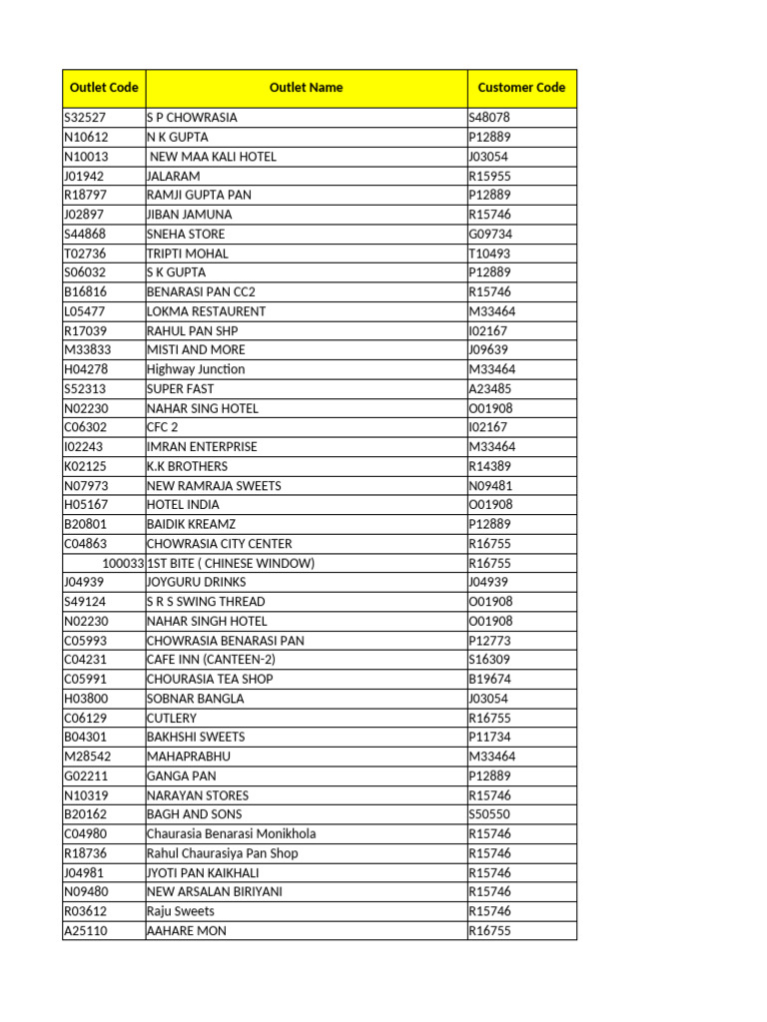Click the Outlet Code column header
point(104,88)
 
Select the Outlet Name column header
point(306,88)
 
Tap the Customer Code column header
point(521,88)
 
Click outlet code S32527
point(86,118)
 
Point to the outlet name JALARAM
point(174,176)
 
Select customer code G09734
point(490,234)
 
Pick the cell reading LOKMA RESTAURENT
point(207,311)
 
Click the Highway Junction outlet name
point(196,369)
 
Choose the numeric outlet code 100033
point(123,563)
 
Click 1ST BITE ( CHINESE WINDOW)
point(231,563)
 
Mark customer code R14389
point(489,466)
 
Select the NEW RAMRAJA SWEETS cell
point(214,486)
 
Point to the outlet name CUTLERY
point(172,718)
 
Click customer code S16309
point(489,660)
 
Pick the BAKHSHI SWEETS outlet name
point(196,737)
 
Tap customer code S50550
point(489,814)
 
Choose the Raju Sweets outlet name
point(181,911)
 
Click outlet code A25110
point(86,931)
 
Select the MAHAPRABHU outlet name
point(188,757)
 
